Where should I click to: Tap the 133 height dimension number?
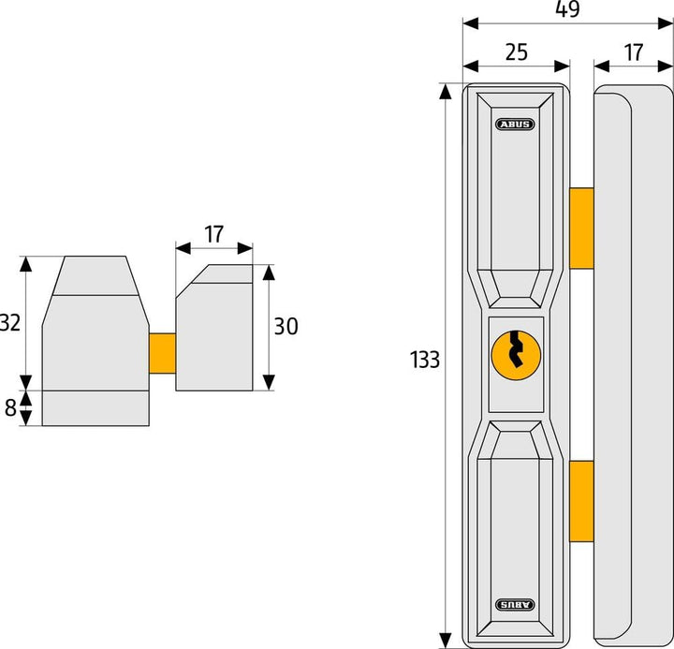click(x=424, y=360)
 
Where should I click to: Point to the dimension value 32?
click(x=10, y=322)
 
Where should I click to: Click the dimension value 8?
click(x=10, y=407)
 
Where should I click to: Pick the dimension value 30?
click(x=286, y=327)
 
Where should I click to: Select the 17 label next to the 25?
click(x=634, y=52)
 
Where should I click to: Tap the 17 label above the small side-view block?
click(x=214, y=233)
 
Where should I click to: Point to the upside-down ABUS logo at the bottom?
click(x=516, y=605)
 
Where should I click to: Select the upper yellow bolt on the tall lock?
click(x=581, y=227)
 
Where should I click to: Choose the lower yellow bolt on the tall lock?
click(x=581, y=501)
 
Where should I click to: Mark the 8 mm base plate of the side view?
click(x=95, y=407)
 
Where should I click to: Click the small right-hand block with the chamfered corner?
click(x=214, y=332)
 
